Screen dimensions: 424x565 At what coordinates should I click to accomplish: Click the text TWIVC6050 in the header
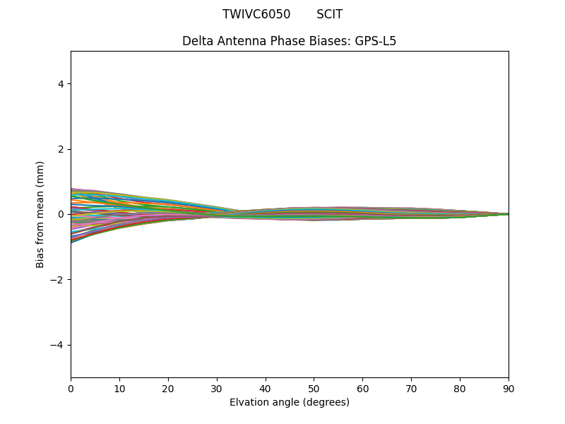coord(256,15)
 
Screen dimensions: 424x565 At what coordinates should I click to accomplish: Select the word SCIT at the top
coord(329,15)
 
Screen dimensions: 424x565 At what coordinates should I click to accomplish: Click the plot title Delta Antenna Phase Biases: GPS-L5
coord(289,41)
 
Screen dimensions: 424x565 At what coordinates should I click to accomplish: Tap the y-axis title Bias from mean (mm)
coord(41,214)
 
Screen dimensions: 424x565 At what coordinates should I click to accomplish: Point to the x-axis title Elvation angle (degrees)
coord(289,403)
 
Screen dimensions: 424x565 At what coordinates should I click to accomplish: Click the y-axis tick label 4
coord(61,84)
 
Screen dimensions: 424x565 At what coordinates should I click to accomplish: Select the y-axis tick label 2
coord(61,149)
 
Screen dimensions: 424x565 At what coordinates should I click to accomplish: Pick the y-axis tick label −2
coord(58,280)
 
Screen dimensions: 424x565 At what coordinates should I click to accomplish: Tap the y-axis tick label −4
coord(58,345)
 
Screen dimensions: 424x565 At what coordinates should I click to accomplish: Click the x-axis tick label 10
coord(119,388)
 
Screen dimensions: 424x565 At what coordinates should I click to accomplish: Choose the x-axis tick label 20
coord(168,388)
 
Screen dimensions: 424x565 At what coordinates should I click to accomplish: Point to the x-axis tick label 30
coord(217,388)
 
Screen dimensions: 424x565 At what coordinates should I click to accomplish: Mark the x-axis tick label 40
coord(266,388)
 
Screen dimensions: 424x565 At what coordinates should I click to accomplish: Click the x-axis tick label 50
coord(314,388)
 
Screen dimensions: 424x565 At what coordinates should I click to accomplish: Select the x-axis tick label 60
coord(362,388)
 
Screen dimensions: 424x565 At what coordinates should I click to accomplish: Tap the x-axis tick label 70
coord(411,388)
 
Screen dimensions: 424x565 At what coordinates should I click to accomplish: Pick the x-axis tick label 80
coord(460,388)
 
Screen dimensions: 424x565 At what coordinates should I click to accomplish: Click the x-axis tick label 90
coord(509,388)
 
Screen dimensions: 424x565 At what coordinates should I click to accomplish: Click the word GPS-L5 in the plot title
coord(375,41)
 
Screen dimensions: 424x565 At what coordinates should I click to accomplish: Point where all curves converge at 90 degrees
coord(508,214)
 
